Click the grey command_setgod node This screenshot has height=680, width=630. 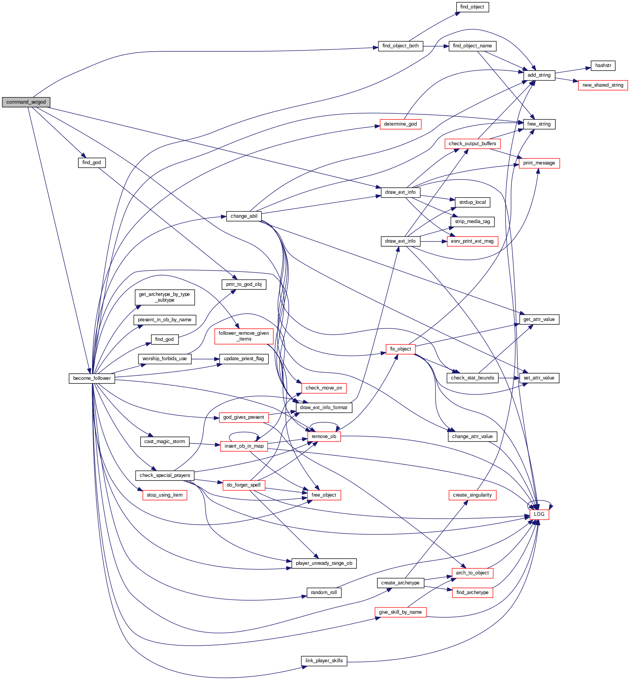(x=26, y=102)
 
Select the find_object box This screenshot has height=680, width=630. (x=472, y=7)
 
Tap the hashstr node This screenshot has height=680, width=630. (x=603, y=65)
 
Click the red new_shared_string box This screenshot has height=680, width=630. (x=603, y=85)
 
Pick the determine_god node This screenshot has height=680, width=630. (x=400, y=124)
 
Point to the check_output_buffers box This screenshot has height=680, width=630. (x=472, y=144)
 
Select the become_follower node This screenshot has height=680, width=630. (x=92, y=378)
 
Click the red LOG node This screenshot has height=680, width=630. (x=539, y=514)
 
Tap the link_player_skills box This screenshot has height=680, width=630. (x=324, y=661)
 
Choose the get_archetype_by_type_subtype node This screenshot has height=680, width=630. (x=165, y=297)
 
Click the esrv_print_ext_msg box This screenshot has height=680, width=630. (x=472, y=241)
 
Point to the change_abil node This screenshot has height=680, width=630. (x=244, y=216)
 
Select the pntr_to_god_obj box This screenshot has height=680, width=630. (x=244, y=284)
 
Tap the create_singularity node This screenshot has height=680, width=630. (x=472, y=495)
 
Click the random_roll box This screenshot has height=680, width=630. (x=324, y=593)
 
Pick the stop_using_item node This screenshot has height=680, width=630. (x=165, y=495)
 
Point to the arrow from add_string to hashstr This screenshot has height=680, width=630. (x=573, y=71)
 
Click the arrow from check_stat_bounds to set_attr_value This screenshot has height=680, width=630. (x=509, y=378)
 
